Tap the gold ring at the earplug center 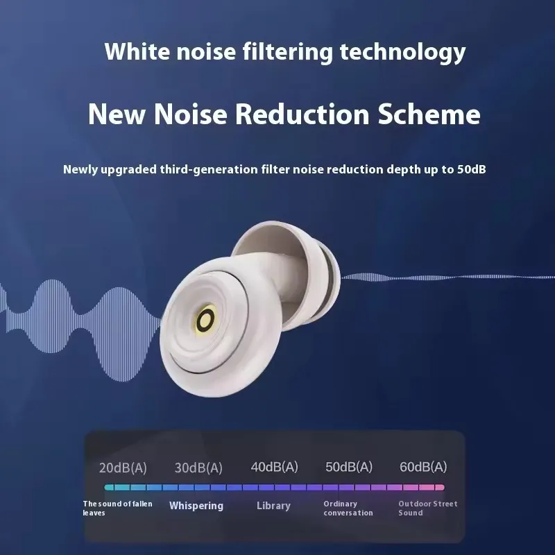click(205, 320)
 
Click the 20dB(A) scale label click(123, 468)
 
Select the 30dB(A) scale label click(198, 468)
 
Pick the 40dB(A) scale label click(274, 467)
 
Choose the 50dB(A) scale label click(349, 467)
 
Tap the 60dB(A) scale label click(423, 467)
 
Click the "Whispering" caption click(196, 506)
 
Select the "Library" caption click(273, 506)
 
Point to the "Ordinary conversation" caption click(348, 509)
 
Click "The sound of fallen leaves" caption click(117, 509)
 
